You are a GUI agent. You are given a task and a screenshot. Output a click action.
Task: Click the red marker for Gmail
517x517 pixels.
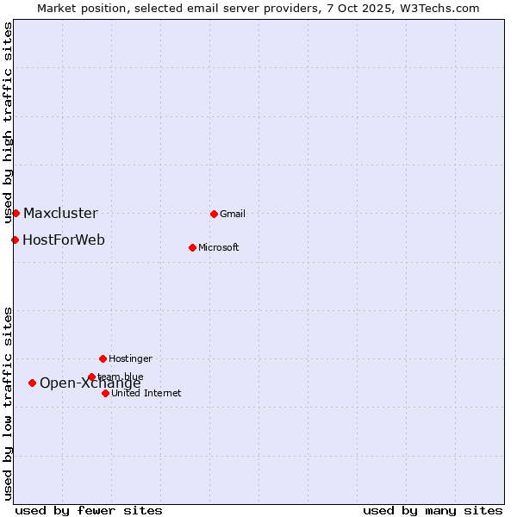click(214, 214)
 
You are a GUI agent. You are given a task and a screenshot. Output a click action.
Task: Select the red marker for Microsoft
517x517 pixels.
click(192, 247)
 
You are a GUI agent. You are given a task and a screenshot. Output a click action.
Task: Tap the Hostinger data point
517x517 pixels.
click(103, 358)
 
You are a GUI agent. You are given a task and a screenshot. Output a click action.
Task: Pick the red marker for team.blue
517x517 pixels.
click(91, 377)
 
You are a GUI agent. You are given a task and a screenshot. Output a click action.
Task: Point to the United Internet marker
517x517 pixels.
click(105, 393)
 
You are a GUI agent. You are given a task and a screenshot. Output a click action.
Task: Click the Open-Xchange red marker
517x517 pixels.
click(32, 383)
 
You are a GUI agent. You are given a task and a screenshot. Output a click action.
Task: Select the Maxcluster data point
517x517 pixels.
click(16, 213)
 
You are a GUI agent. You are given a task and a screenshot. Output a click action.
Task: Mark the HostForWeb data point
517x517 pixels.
click(15, 240)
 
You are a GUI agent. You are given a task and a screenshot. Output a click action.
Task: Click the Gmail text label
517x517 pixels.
click(233, 214)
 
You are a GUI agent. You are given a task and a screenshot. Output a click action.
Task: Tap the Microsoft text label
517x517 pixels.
click(219, 247)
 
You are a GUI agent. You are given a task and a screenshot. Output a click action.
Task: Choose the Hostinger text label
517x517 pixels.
click(130, 358)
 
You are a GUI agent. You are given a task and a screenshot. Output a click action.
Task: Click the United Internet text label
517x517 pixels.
click(146, 393)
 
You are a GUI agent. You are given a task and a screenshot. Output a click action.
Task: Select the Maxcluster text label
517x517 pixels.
click(60, 213)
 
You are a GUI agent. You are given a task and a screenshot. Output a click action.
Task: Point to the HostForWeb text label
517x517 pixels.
click(64, 240)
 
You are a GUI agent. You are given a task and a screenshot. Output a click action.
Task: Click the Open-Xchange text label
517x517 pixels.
click(90, 383)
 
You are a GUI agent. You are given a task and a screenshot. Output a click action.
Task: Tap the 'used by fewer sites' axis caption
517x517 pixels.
click(89, 510)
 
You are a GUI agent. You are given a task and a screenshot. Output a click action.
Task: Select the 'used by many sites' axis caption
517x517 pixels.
click(433, 510)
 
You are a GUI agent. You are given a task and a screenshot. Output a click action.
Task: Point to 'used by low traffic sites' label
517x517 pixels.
click(8, 403)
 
